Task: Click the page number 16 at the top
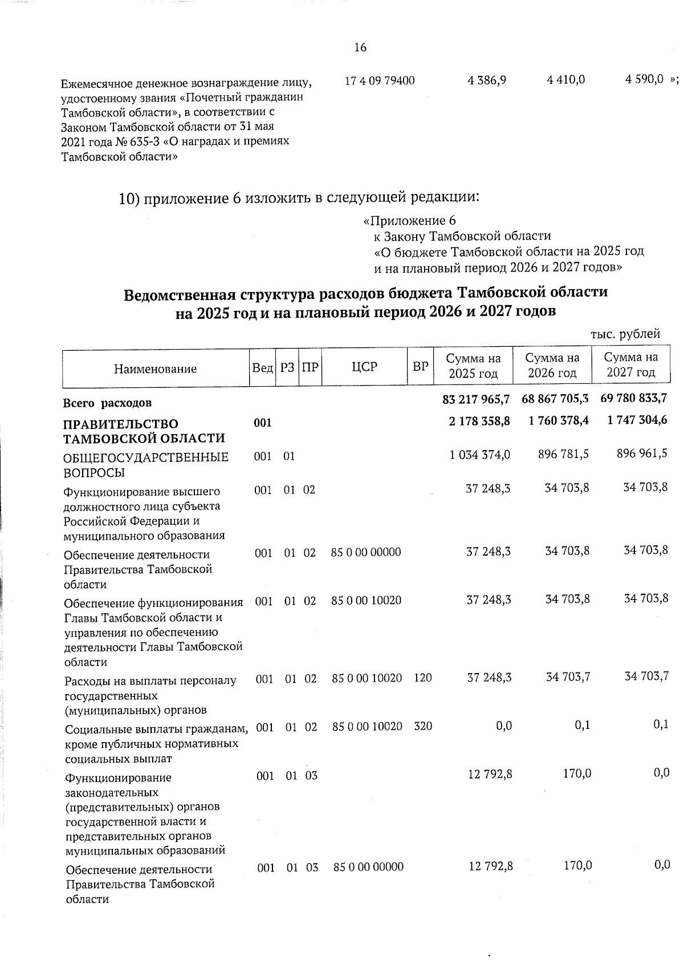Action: pos(360,47)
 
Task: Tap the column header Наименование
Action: pos(155,368)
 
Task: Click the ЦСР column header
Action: pos(365,367)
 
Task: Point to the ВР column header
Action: pos(420,367)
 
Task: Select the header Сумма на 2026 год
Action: pos(552,366)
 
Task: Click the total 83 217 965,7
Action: pos(477,399)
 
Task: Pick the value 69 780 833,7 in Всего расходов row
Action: pos(634,398)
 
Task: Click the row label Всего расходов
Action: pos(107,403)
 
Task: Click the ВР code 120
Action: pos(423,678)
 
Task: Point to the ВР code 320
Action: pos(423,726)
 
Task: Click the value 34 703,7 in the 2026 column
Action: pos(568,677)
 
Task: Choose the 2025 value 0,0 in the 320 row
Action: pos(503,726)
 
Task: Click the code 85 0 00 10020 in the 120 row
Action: pos(368,678)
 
